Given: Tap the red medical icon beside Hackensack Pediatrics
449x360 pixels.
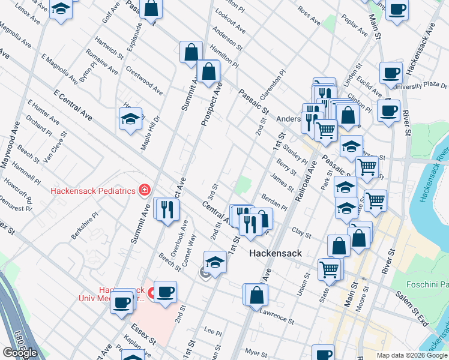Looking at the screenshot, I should point(144,191).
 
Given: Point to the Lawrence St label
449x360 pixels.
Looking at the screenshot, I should point(277,314).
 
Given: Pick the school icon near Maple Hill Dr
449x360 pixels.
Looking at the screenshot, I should point(130,119).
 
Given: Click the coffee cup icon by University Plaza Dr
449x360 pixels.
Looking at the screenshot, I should point(391,74).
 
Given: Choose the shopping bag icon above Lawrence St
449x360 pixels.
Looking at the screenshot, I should point(256,295).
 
